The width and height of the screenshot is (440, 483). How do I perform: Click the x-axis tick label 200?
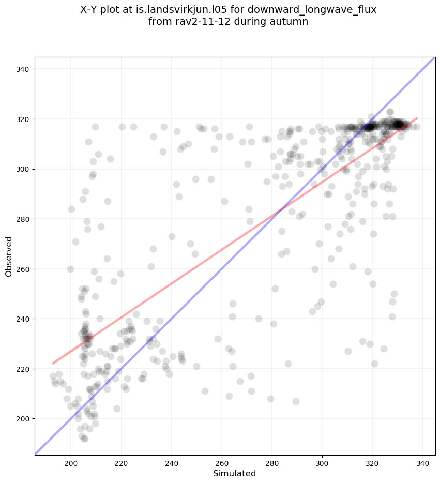71,461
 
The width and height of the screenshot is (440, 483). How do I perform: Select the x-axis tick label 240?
171,461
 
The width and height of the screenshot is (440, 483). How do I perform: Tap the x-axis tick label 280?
272,461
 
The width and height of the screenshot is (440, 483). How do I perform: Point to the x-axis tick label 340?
423,461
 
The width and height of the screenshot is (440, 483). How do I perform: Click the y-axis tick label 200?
24,419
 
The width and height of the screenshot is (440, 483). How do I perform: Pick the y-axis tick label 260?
24,269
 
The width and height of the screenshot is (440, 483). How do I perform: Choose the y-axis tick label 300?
24,169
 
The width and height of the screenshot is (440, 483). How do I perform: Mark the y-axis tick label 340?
24,69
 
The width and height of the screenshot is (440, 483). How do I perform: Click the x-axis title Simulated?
235,474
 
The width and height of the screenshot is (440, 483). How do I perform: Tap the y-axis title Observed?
9,256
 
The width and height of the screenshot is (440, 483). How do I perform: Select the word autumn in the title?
291,22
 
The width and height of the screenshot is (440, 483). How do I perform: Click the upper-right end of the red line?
417,118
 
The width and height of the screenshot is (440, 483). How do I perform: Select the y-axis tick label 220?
24,369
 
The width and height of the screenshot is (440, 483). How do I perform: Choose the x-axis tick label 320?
373,461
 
